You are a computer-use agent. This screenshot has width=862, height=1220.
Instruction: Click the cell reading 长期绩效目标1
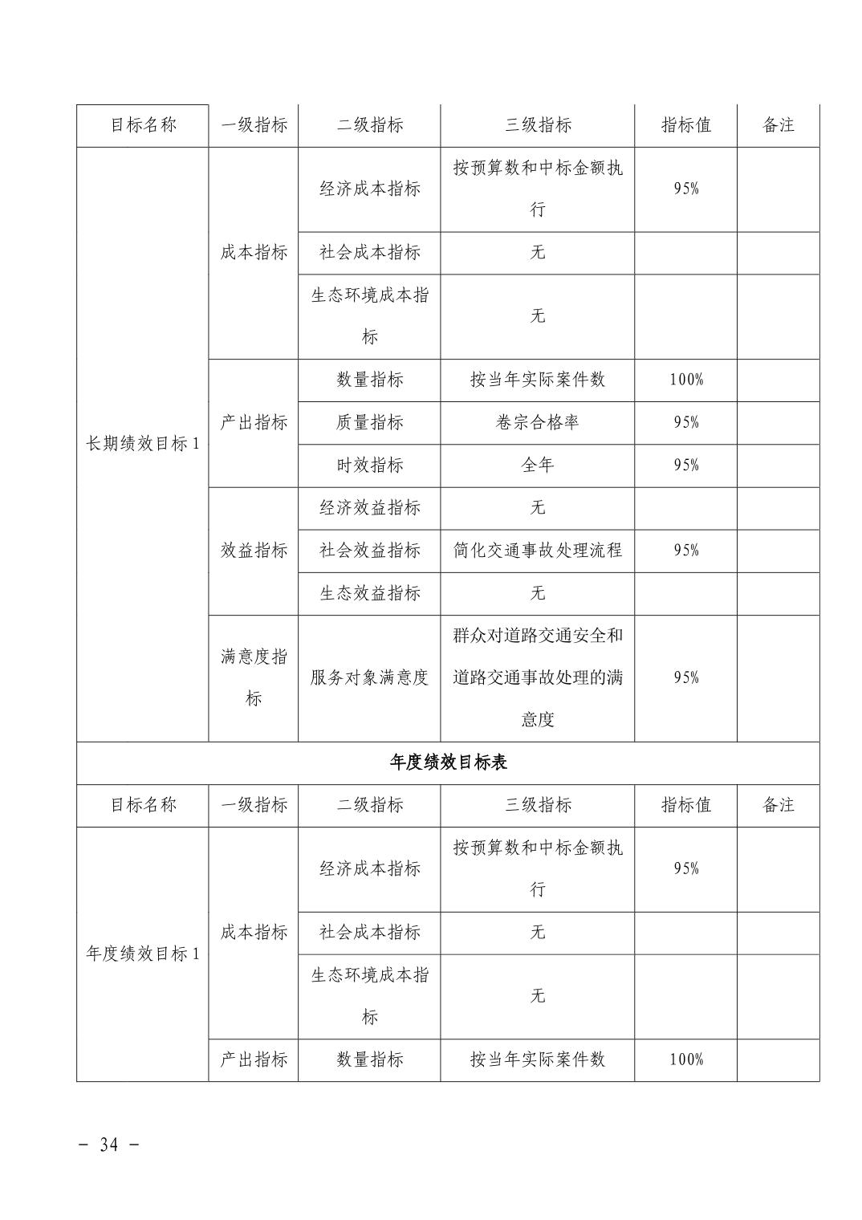coord(142,444)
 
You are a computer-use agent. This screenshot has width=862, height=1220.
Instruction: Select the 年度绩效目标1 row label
coord(142,954)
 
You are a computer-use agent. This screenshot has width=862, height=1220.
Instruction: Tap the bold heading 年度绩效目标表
coord(448,762)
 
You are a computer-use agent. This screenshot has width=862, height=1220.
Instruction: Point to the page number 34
coord(108,1145)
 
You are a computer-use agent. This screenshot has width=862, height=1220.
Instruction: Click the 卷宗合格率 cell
coord(537,422)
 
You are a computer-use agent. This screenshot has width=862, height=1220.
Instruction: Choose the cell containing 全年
coord(537,465)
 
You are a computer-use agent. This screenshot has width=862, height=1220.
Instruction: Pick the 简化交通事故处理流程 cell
coord(537,550)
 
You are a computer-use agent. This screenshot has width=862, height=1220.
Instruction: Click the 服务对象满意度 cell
coord(369,677)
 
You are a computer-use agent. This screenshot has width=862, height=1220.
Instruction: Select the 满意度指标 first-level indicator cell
coord(254,677)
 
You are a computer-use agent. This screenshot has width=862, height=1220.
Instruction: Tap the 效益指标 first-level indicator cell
coord(254,550)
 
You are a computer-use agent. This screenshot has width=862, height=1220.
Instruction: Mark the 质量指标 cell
coord(369,422)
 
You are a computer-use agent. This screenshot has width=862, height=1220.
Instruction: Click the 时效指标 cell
coord(369,465)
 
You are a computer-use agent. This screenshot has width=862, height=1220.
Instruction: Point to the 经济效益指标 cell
coord(369,507)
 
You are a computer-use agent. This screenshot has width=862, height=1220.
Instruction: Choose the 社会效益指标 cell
coord(369,550)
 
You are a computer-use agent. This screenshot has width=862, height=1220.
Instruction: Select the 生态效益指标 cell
coord(369,593)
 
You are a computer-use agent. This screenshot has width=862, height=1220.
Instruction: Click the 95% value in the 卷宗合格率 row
coord(686,422)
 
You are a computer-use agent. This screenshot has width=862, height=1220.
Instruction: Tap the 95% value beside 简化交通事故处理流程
coord(686,550)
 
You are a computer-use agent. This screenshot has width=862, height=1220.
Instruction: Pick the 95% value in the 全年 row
coord(686,465)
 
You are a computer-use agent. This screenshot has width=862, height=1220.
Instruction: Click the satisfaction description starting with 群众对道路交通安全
coord(537,677)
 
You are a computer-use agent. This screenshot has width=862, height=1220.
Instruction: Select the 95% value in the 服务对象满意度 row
coord(686,677)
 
